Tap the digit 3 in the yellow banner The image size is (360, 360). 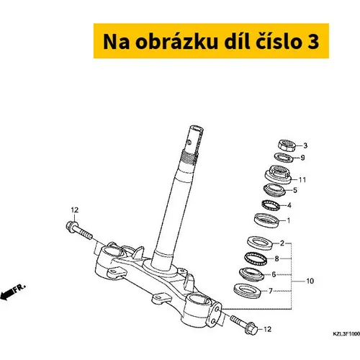pyautogui.click(x=312, y=42)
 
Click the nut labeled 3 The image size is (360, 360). pyautogui.click(x=287, y=145)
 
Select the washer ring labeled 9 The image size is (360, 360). pyautogui.click(x=284, y=158)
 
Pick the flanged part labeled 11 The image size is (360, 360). pyautogui.click(x=278, y=175)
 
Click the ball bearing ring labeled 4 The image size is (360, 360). pyautogui.click(x=271, y=205)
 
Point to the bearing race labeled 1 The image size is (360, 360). pyautogui.click(x=266, y=220)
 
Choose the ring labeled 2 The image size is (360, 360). pyautogui.click(x=260, y=243)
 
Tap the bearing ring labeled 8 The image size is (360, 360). pyautogui.click(x=256, y=258)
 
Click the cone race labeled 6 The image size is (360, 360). pyautogui.click(x=251, y=274)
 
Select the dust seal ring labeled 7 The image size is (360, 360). pyautogui.click(x=247, y=291)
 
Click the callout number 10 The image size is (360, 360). pyautogui.click(x=310, y=281)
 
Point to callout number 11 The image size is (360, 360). pyautogui.click(x=302, y=179)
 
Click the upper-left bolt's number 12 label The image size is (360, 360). pyautogui.click(x=75, y=210)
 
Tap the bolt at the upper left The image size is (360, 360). pyautogui.click(x=78, y=230)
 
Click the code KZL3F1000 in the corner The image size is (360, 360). pyautogui.click(x=346, y=334)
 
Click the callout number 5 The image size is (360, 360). pyautogui.click(x=295, y=190)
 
